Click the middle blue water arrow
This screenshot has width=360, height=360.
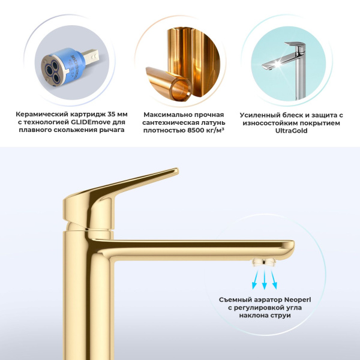click(263, 278)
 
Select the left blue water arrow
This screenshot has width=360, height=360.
click(253, 278)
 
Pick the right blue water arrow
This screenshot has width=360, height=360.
click(274, 278)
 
